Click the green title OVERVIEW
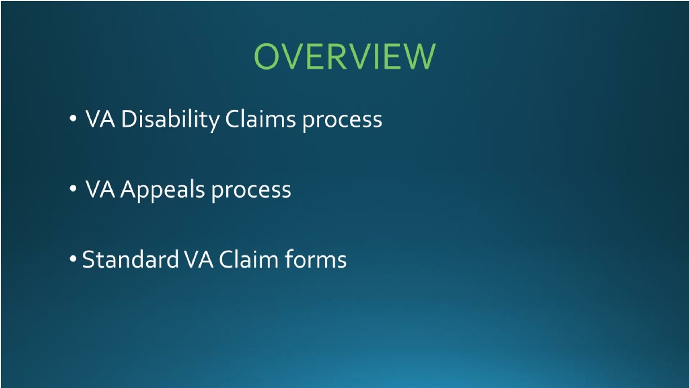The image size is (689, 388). pos(344,57)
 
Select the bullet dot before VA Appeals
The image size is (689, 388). pos(73,189)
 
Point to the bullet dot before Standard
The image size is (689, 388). pos(73,259)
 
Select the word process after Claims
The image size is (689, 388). pos(342,121)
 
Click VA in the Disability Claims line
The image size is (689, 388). pos(100,119)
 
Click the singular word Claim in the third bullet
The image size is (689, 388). pos(248,259)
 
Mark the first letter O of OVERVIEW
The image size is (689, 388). pos(266,57)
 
